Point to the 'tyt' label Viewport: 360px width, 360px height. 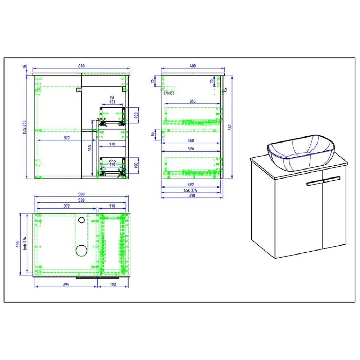tap(112, 98)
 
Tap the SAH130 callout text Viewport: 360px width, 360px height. tap(169, 93)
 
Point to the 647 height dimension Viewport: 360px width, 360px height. tap(230, 127)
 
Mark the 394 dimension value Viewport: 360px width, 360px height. tap(66, 284)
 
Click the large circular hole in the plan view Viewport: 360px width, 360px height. tap(82, 250)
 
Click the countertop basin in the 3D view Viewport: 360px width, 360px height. tap(301, 152)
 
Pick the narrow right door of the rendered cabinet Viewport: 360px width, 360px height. tap(334, 211)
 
